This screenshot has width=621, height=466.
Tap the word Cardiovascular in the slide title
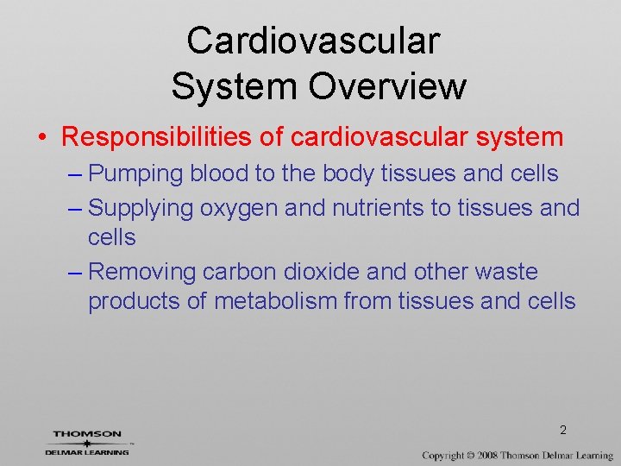[313, 40]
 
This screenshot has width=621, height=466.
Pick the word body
[348, 173]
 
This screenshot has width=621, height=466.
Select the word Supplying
[141, 208]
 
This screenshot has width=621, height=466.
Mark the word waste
[506, 272]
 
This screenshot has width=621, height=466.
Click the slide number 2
[562, 430]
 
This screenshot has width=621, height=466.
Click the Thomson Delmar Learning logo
[87, 442]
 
